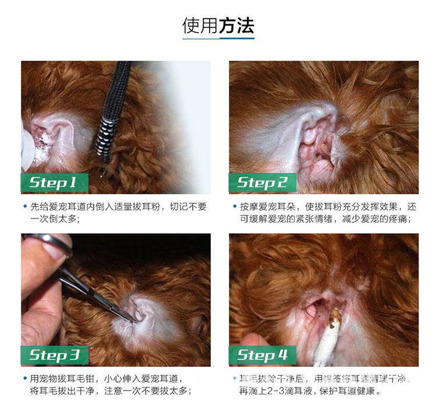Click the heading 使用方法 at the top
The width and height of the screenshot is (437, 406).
pyautogui.click(x=218, y=26)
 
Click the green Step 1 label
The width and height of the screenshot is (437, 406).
pyautogui.click(x=55, y=182)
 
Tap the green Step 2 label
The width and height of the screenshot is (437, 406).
pyautogui.click(x=263, y=182)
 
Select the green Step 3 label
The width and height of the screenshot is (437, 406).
pyautogui.click(x=55, y=355)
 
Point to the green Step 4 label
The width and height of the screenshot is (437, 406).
pyautogui.click(x=263, y=355)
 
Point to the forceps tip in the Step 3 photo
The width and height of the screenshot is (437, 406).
pyautogui.click(x=132, y=320)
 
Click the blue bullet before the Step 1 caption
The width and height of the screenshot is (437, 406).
pyautogui.click(x=25, y=206)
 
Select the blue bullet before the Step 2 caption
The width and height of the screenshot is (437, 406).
pyautogui.click(x=235, y=206)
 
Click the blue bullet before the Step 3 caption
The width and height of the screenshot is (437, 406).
pyautogui.click(x=25, y=379)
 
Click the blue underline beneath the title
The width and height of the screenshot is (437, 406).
pyautogui.click(x=218, y=38)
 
